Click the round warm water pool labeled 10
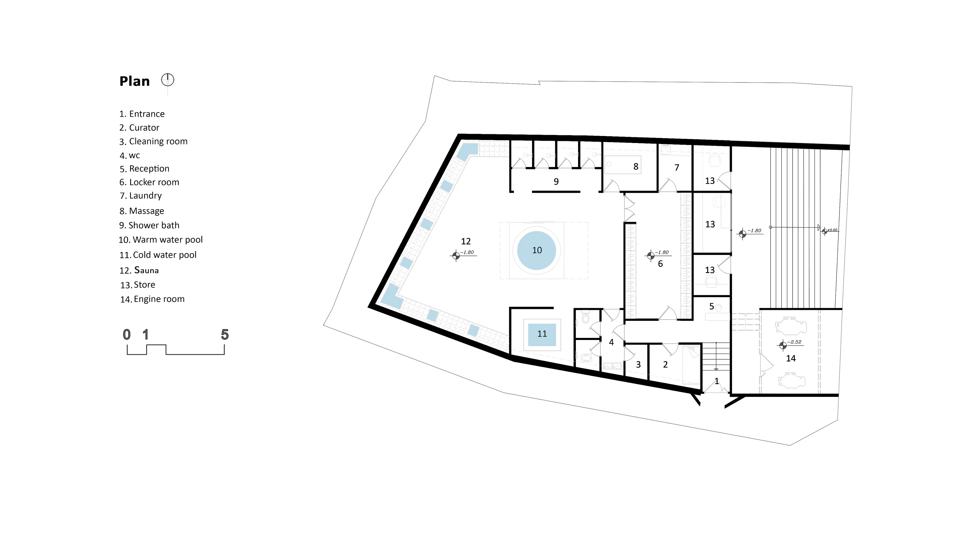tap(537, 250)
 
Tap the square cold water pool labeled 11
tap(542, 335)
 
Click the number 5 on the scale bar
tap(225, 335)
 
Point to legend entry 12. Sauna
tap(139, 270)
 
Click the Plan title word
tap(134, 81)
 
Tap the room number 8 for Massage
tap(636, 167)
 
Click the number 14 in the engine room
tap(791, 358)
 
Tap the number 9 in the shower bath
tap(556, 182)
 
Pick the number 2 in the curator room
tap(665, 365)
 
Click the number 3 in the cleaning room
tap(638, 365)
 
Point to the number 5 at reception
tap(712, 307)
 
